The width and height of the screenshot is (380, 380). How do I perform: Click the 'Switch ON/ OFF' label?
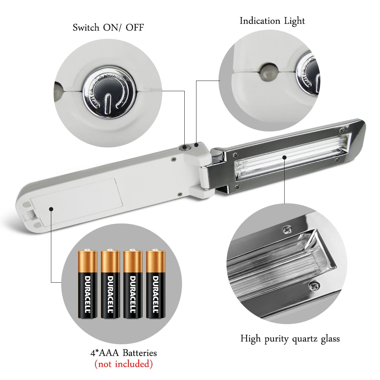108,27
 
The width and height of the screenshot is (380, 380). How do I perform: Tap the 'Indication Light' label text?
272,21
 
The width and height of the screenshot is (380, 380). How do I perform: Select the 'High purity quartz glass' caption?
290,339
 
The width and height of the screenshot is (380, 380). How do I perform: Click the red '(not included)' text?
123,364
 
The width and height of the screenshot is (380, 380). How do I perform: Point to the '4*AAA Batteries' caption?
123,353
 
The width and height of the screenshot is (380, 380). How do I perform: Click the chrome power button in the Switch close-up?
109,93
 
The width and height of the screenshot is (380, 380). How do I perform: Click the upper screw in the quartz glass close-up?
288,229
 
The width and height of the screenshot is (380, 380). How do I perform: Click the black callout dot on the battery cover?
51,209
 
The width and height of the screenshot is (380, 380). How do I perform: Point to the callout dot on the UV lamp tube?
285,157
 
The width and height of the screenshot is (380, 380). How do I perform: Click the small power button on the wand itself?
184,147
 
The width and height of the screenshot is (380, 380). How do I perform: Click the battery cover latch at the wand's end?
29,214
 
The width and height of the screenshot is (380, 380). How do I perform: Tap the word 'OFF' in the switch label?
135,27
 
